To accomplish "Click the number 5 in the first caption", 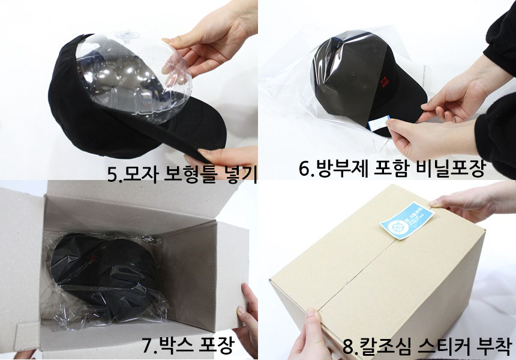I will [112, 174].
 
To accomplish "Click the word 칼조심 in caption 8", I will [385, 347].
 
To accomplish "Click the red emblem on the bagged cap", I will [384, 79].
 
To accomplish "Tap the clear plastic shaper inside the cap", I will [135, 78].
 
